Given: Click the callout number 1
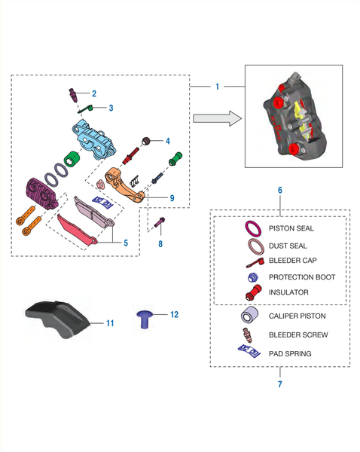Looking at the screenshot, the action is coord(218,87).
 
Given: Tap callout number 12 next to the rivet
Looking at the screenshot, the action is coord(175,314).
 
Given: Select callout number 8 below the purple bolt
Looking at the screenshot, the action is coord(160,244).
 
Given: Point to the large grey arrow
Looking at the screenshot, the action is coord(218,118).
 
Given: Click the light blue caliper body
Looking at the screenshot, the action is coord(94,139).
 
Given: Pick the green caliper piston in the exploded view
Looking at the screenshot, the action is coord(72,158).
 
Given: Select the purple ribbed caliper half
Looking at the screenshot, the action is coord(42,193).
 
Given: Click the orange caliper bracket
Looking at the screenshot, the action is coord(124,185).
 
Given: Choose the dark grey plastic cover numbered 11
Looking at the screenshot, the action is coord(58,319).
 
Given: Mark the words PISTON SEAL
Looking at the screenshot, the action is coord(291,228).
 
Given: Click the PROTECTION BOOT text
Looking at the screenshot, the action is coord(302,277).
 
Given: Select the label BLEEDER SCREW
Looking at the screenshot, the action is coord(298,335).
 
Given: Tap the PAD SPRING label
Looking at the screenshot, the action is coord(290,354).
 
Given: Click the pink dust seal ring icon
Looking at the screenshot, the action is coord(256,247).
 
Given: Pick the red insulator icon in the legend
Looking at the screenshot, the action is coord(254,292).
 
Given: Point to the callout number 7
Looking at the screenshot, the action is coord(280,384).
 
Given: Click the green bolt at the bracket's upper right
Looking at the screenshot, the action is coord(175,158).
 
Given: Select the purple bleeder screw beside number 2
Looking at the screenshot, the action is coord(73,95).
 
